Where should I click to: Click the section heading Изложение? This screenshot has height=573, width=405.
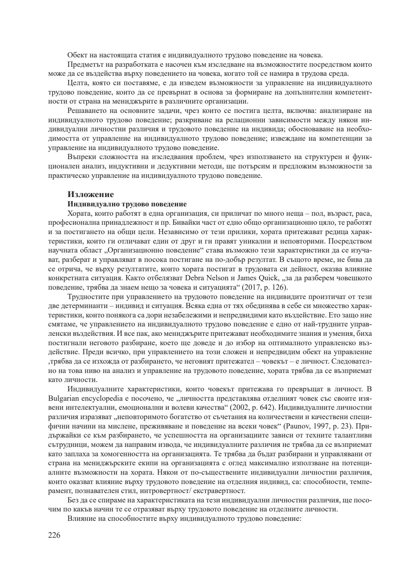pos(90,194)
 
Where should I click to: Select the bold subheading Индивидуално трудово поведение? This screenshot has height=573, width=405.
pos(127,204)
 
